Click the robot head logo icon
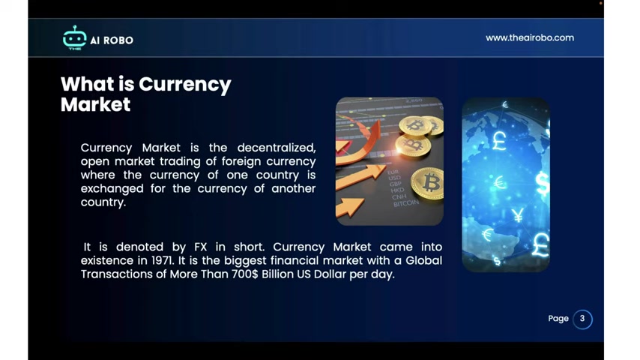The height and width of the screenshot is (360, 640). point(74,37)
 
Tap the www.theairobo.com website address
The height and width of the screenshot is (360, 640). point(529,38)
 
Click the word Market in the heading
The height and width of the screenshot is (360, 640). point(95,104)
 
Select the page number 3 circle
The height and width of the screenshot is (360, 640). point(582,319)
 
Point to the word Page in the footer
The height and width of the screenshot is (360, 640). point(558,319)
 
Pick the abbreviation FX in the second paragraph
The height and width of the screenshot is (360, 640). point(200,247)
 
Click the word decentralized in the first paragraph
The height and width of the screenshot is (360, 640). point(277,148)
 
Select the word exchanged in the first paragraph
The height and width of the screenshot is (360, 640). point(112,189)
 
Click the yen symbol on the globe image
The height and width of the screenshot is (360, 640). point(518,215)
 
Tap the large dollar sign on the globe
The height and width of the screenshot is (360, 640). point(543,183)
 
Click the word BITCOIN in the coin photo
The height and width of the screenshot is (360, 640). point(406,203)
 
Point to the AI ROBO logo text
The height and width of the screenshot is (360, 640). point(112,40)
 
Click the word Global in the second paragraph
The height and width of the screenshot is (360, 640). point(423,261)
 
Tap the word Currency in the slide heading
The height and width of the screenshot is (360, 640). point(185,85)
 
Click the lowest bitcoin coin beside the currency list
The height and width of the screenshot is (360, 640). point(428,184)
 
